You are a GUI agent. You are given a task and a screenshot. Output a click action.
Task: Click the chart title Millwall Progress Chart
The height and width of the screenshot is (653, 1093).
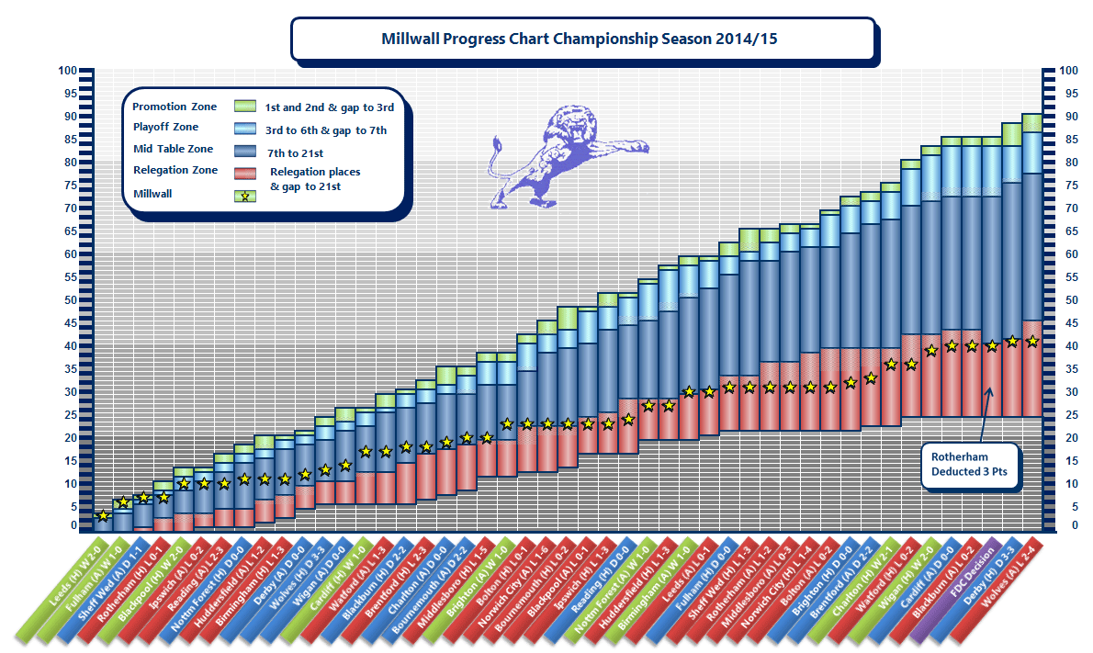tap(582, 39)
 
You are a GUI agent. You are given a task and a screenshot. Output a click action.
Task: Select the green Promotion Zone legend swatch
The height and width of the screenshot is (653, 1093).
tap(244, 107)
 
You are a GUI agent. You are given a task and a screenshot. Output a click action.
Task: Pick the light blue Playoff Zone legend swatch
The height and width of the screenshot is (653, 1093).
tap(244, 129)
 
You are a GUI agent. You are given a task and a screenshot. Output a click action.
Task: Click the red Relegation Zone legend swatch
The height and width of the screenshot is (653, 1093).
tap(244, 172)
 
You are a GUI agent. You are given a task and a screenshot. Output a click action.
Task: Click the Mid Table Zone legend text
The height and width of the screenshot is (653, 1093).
tap(173, 149)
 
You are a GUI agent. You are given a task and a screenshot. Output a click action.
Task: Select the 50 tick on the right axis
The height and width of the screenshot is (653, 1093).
tap(1068, 300)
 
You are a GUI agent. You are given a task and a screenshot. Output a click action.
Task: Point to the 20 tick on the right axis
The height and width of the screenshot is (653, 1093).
tap(1068, 438)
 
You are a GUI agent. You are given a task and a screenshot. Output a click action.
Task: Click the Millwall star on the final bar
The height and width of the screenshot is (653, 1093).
tap(1031, 341)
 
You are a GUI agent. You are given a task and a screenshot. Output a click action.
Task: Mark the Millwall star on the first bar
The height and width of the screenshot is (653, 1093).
tap(103, 516)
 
